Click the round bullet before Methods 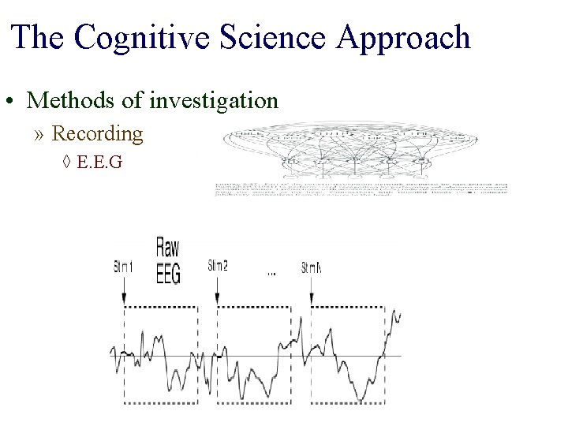click(x=10, y=103)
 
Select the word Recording click(x=97, y=133)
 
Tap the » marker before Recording click(x=40, y=134)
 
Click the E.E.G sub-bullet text click(x=102, y=163)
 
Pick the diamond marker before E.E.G click(x=67, y=163)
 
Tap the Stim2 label click(x=218, y=265)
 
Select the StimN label click(x=311, y=267)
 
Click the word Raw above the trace click(x=168, y=248)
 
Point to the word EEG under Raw click(x=168, y=273)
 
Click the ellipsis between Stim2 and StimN click(x=271, y=273)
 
